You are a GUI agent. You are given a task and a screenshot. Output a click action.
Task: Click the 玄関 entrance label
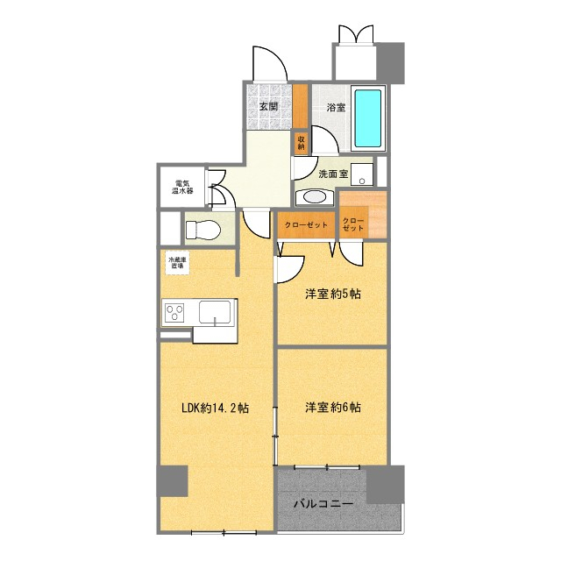click(x=269, y=106)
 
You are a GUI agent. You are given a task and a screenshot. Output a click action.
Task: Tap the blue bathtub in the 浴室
click(x=367, y=117)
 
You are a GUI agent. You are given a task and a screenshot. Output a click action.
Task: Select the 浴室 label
click(x=336, y=107)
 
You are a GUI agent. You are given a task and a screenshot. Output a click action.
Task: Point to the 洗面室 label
click(x=333, y=174)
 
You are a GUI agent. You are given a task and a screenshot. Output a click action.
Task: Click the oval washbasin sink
click(x=314, y=197)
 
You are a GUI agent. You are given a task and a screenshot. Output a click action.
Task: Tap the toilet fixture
click(x=202, y=230)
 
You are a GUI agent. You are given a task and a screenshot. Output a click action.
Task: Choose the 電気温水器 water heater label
click(x=182, y=187)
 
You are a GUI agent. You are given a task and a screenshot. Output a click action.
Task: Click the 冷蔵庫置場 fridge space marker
click(x=177, y=263)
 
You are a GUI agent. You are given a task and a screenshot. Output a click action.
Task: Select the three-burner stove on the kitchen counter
click(x=174, y=312)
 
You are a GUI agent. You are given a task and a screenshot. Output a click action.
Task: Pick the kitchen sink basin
click(x=215, y=312)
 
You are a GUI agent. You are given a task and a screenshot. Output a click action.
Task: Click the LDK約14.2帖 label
click(x=215, y=408)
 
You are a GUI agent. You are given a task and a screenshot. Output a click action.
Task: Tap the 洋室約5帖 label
click(x=333, y=295)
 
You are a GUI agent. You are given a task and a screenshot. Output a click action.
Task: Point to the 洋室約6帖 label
click(x=333, y=407)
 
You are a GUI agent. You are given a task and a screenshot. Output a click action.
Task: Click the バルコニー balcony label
click(x=323, y=504)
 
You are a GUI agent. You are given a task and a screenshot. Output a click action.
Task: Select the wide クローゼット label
click(x=306, y=225)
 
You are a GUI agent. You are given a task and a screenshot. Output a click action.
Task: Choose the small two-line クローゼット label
click(x=353, y=224)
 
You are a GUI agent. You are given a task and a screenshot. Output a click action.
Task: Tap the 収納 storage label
click(x=302, y=143)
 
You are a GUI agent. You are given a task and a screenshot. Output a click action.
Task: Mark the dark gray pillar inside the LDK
click(x=173, y=480)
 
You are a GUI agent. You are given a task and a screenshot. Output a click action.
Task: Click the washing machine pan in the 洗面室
click(x=362, y=174)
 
